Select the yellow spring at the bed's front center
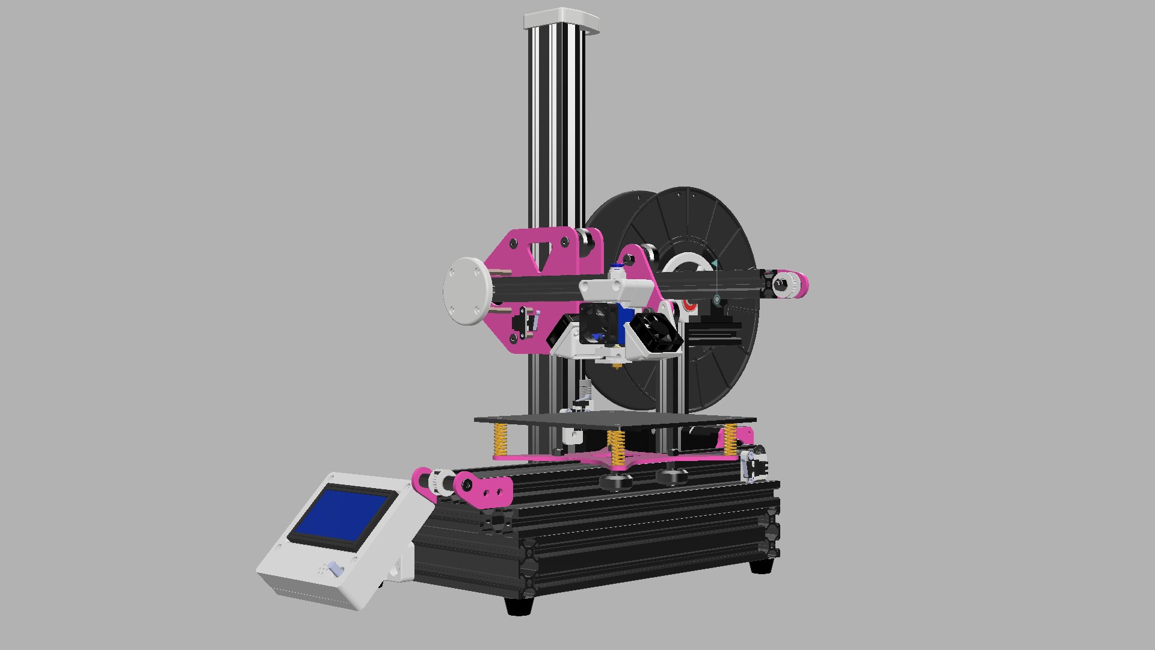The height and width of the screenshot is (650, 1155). point(615,449)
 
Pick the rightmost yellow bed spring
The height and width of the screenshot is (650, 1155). point(730,439)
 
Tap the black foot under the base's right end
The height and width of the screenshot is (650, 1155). point(762,566)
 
